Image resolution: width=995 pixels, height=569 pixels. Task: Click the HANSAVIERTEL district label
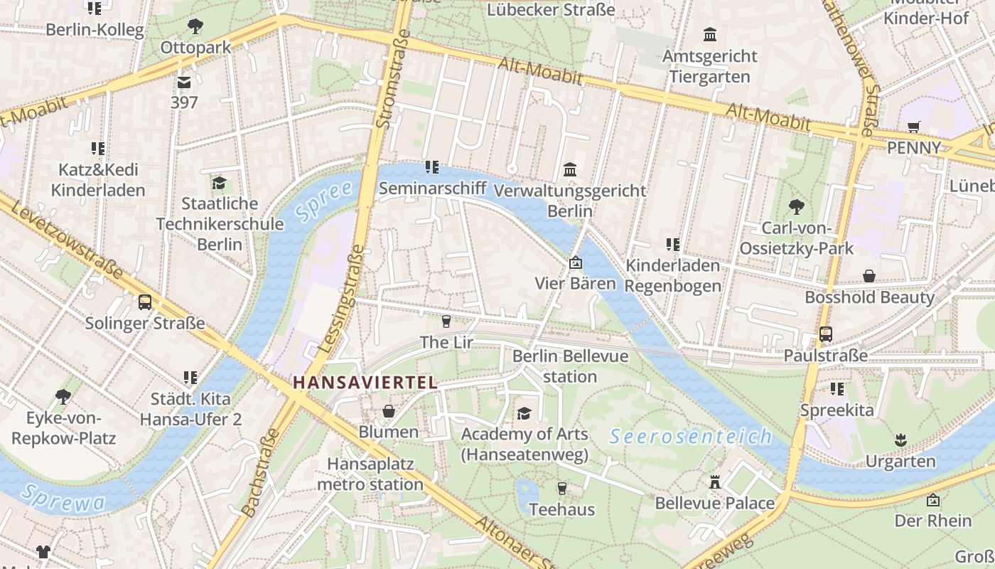[x=365, y=382]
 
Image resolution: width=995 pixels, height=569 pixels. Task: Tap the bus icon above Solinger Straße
[x=145, y=302]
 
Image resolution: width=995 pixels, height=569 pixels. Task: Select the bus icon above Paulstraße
[x=825, y=334]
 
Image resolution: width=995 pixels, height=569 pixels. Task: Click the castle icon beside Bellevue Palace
[x=715, y=482]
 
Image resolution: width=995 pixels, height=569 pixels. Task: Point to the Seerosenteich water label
[x=690, y=436]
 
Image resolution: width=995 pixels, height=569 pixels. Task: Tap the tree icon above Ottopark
[x=195, y=27]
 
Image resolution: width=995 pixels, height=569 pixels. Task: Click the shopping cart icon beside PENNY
[x=914, y=127]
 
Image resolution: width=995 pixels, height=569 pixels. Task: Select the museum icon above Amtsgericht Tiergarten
[x=709, y=34]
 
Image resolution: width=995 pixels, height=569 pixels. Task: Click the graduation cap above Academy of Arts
[x=524, y=413]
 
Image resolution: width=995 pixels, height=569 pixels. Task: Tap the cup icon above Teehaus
[x=561, y=488]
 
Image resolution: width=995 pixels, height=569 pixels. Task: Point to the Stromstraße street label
[x=392, y=78]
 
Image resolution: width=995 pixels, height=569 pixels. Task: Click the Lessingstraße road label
[x=342, y=299]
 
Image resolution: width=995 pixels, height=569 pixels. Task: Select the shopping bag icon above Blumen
[x=389, y=411]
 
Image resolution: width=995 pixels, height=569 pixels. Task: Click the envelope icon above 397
[x=184, y=83]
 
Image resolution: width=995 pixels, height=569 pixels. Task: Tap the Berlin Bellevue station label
[x=570, y=366]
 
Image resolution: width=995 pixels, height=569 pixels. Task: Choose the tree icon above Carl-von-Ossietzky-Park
[x=796, y=207]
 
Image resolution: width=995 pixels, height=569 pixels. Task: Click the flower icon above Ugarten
[x=900, y=440]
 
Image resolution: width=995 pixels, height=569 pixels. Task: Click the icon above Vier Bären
[x=575, y=263]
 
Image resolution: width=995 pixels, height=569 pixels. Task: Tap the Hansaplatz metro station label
[x=370, y=474]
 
